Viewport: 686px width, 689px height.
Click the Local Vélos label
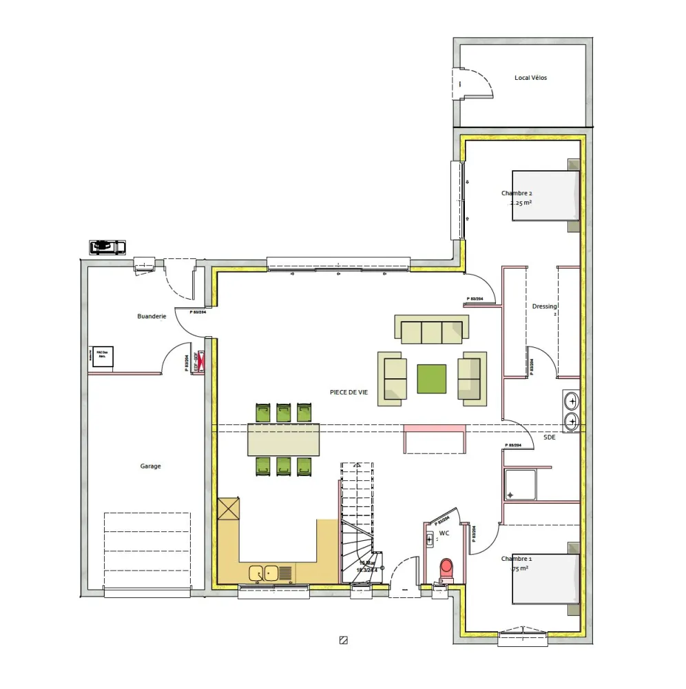(x=530, y=78)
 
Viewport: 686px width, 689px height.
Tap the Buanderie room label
(x=152, y=316)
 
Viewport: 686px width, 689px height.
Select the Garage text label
(x=150, y=466)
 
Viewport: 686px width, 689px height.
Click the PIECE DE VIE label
(x=349, y=392)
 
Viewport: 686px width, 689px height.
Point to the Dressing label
(x=544, y=307)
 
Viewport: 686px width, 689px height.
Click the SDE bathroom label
(x=549, y=438)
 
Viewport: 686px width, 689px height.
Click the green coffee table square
(x=431, y=379)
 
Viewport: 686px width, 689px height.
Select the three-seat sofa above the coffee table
(x=431, y=329)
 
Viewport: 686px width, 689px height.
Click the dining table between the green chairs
(x=284, y=440)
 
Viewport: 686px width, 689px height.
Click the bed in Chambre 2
(x=545, y=196)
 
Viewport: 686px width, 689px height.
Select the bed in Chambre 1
(x=545, y=579)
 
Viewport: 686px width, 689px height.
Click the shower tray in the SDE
(x=520, y=485)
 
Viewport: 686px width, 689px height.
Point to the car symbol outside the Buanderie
(x=107, y=246)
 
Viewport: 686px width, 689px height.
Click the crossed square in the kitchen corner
(x=228, y=509)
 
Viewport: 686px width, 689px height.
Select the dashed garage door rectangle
(x=147, y=550)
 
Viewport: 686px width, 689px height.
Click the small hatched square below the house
(x=343, y=640)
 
